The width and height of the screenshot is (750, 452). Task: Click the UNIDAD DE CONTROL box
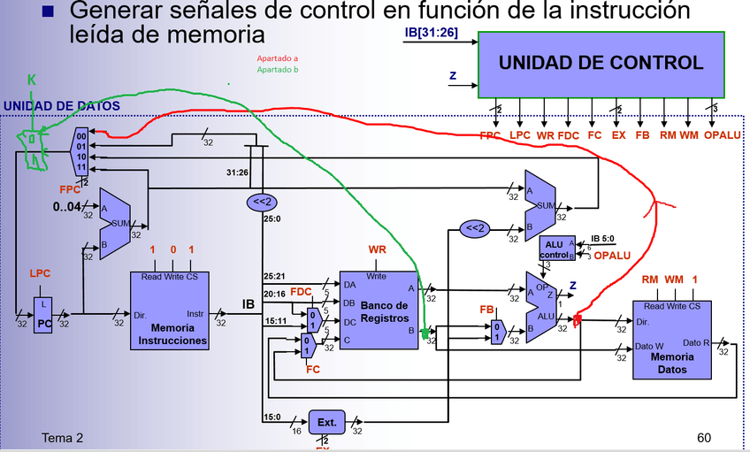click(601, 64)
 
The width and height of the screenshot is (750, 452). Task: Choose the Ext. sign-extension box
click(326, 423)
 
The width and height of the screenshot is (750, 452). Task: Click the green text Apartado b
click(277, 69)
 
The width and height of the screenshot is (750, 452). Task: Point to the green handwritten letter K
click(32, 80)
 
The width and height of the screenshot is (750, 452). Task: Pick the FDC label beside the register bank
click(302, 291)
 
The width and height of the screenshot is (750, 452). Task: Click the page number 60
click(704, 438)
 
